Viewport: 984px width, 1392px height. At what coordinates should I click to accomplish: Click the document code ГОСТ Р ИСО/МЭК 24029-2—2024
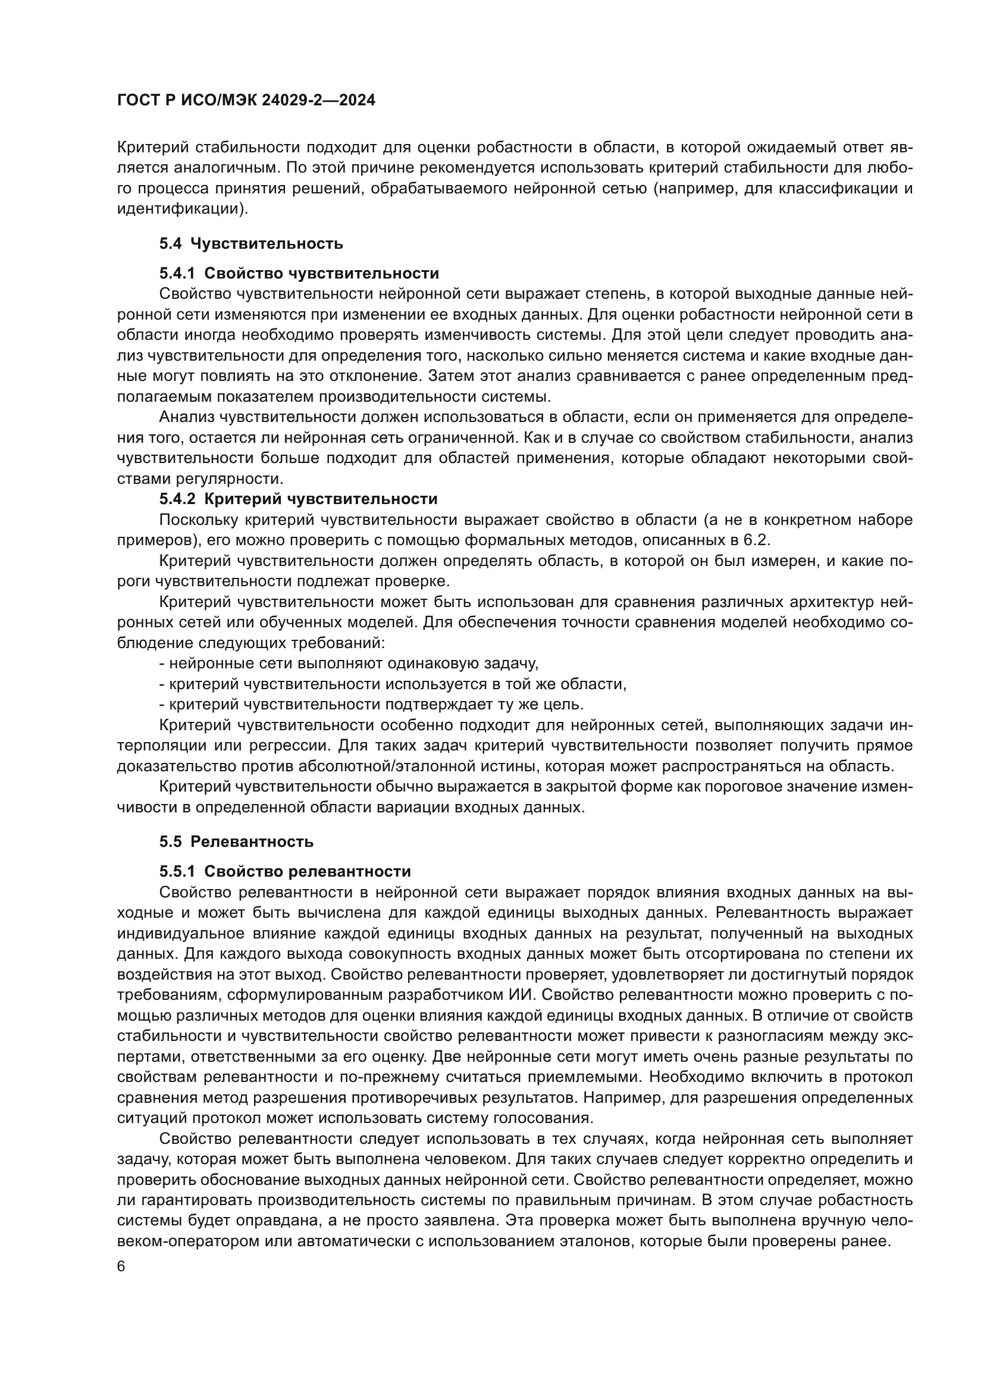[246, 100]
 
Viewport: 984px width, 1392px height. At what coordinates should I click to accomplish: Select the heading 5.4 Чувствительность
[251, 244]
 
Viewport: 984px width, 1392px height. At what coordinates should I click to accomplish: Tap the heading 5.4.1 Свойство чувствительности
[299, 273]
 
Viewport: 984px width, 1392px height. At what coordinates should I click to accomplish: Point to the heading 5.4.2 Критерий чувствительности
[298, 499]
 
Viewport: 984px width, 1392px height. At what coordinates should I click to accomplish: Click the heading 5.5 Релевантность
[236, 842]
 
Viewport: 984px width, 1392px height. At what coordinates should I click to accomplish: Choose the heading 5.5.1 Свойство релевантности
[285, 871]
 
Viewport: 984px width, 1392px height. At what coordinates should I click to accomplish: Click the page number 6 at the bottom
[121, 1266]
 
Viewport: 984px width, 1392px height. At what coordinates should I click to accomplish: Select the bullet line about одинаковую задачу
[349, 663]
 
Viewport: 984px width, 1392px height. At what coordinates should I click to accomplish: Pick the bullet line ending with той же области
[392, 684]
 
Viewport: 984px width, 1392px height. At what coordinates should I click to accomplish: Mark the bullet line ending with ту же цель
[371, 705]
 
